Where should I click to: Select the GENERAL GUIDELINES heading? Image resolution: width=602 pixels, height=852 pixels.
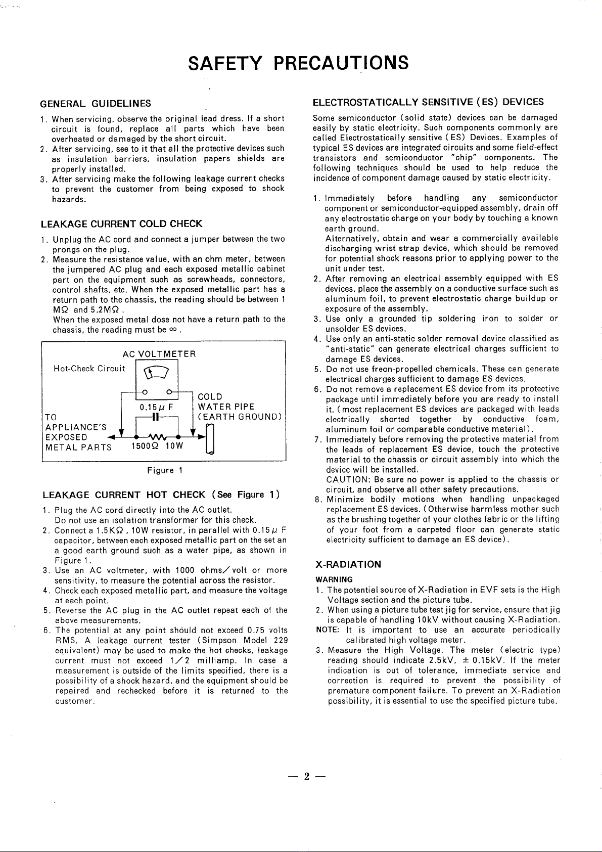tap(96, 104)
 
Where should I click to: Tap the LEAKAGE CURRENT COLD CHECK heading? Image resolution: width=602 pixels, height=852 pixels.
tap(121, 223)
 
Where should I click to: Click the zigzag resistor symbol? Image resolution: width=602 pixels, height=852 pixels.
tap(157, 435)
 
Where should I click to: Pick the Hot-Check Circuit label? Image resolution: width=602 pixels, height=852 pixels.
tap(89, 369)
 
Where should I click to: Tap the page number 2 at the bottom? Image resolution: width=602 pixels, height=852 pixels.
tap(306, 777)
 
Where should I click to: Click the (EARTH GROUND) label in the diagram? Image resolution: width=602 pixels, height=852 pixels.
tap(240, 417)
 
